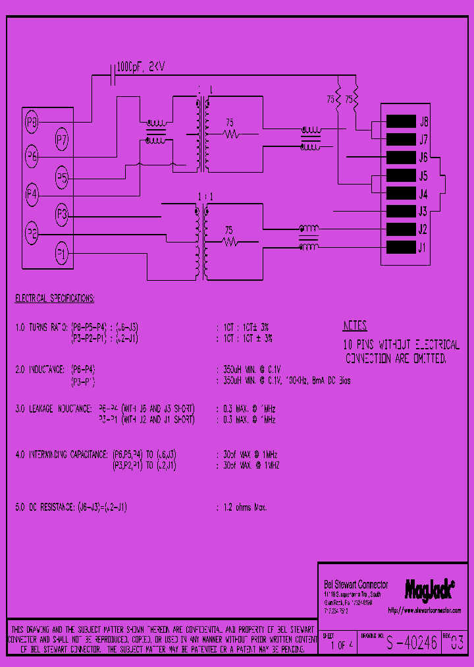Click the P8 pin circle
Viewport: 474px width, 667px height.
32,122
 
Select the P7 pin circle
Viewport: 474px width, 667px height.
61,139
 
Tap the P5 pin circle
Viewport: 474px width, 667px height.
61,177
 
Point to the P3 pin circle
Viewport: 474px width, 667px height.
61,214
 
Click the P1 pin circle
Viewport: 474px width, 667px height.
61,252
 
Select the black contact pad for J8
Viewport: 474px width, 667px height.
400,121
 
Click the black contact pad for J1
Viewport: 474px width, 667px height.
400,248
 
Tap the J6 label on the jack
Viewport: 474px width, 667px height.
423,158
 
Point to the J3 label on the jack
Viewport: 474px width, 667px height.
423,212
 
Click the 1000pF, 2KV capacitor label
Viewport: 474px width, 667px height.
142,67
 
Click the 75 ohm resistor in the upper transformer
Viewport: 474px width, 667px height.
230,134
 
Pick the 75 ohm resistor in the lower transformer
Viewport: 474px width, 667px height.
230,243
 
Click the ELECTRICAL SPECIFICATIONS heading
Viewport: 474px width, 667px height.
55,299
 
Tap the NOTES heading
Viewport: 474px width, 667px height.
355,326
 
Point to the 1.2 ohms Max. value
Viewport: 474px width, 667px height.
242,507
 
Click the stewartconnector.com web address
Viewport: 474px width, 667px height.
424,610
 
